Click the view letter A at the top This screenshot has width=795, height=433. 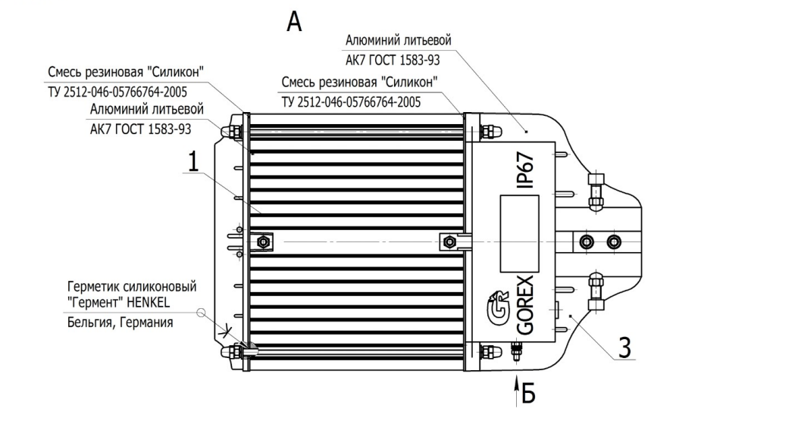(x=294, y=22)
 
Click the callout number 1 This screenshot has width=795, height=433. (x=193, y=162)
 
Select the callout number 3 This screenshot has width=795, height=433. (x=625, y=348)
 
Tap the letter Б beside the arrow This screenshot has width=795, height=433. (x=528, y=393)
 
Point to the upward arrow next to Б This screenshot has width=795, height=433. (x=516, y=391)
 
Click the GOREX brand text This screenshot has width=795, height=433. (x=525, y=305)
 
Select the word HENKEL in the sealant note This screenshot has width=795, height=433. (x=148, y=303)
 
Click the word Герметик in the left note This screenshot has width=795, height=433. (x=91, y=287)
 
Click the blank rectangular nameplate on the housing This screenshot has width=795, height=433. (x=519, y=233)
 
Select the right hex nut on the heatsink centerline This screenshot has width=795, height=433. (x=448, y=241)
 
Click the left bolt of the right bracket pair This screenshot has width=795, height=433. (x=587, y=241)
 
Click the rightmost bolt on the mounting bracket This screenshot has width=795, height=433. (x=613, y=241)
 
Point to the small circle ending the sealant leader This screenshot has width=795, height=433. (x=202, y=313)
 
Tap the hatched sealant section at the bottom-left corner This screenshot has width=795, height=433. (x=249, y=350)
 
